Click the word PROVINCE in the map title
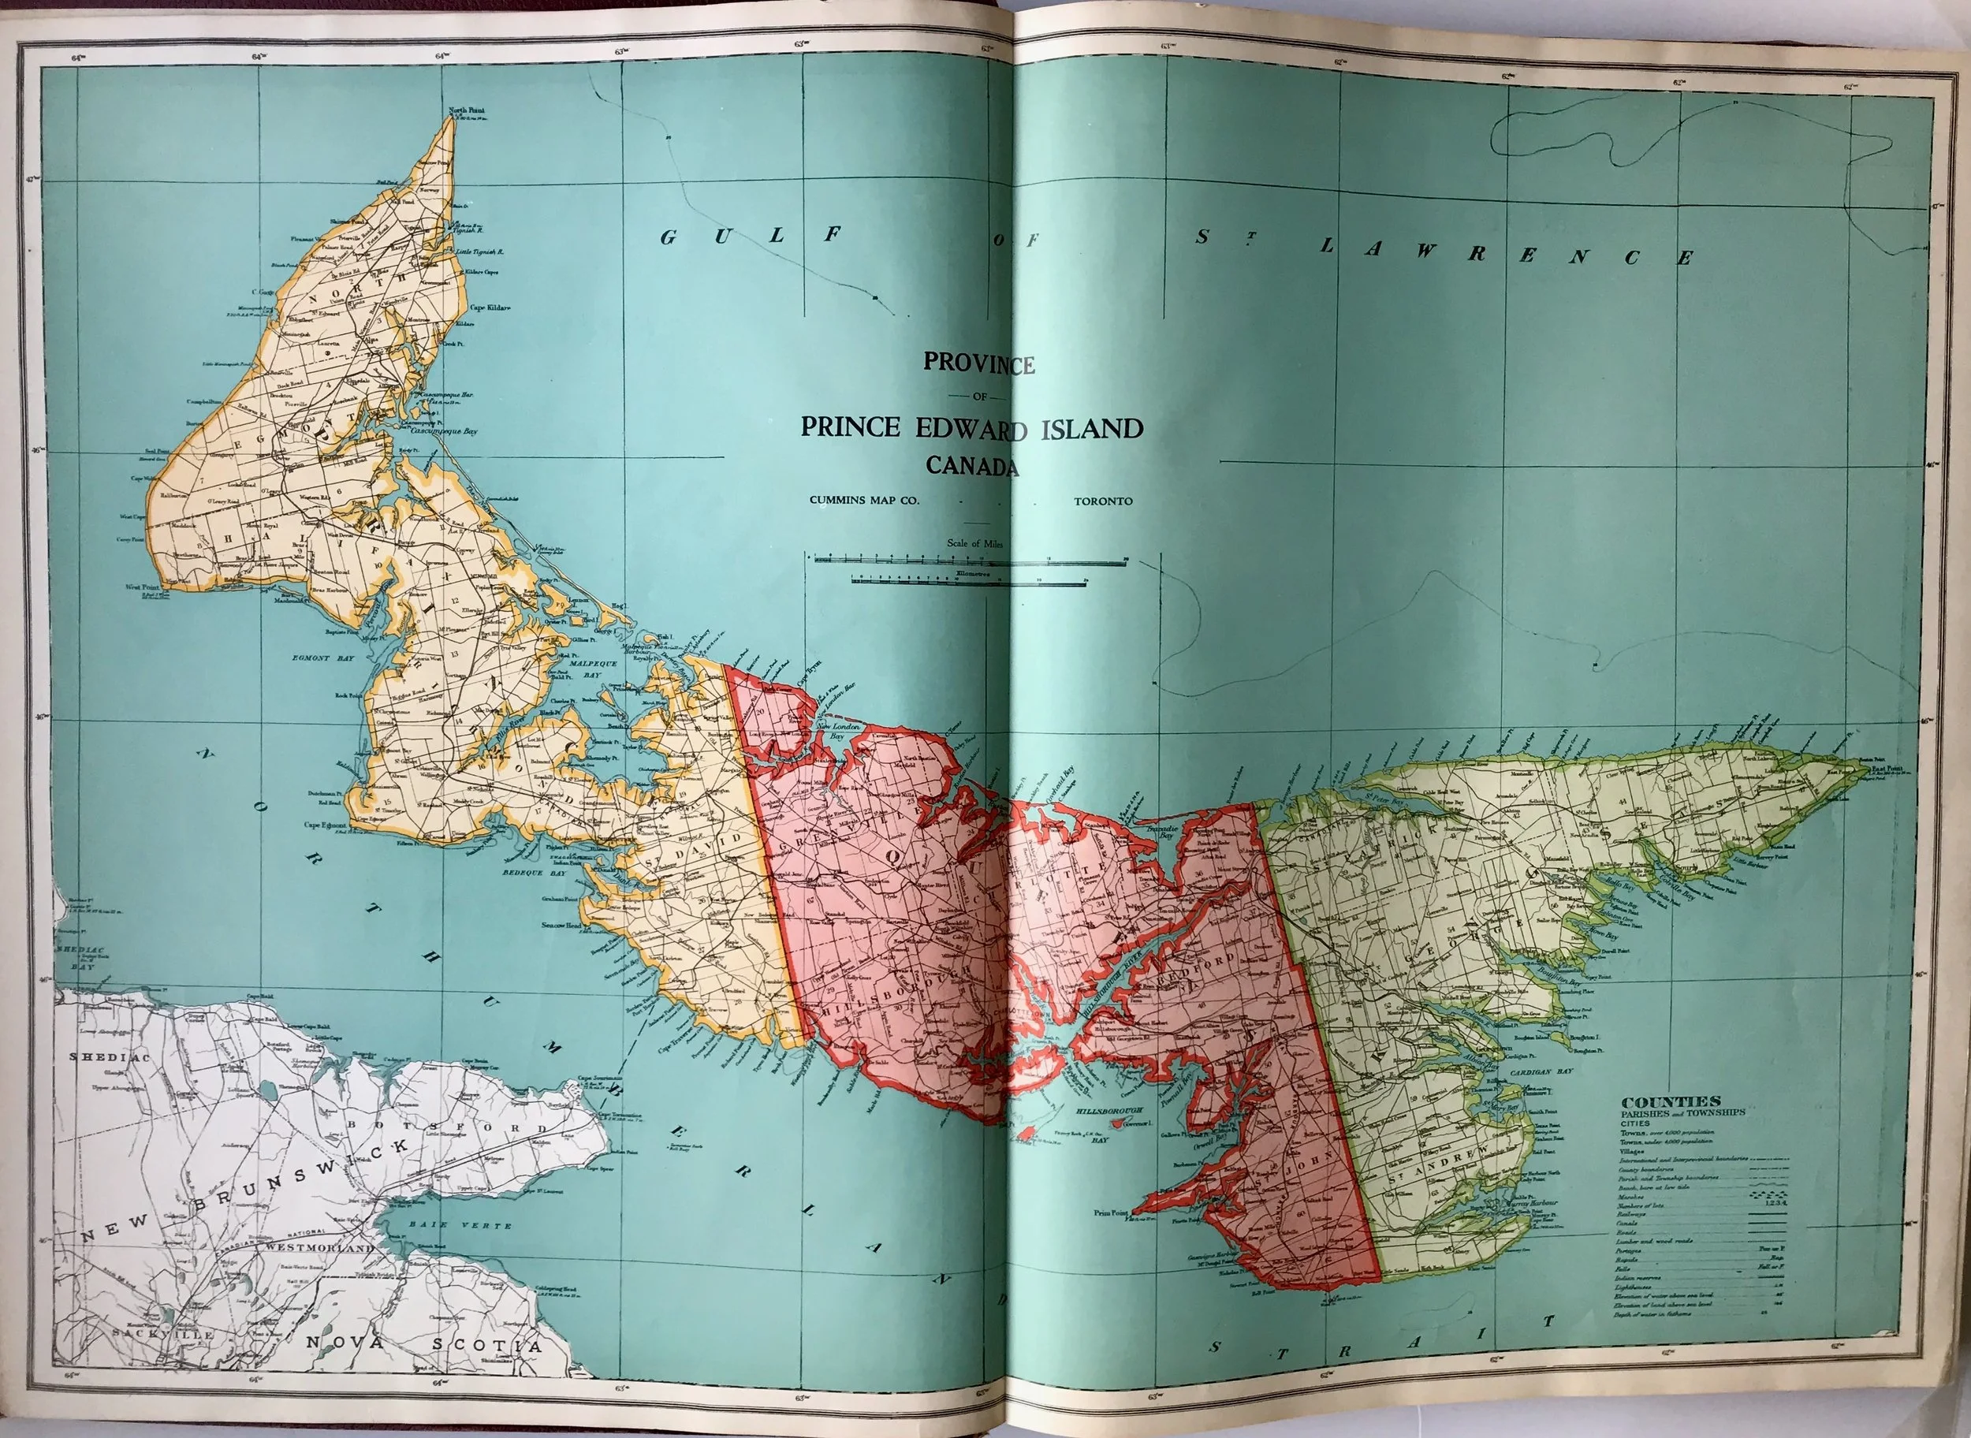coord(978,363)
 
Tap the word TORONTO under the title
coord(1103,501)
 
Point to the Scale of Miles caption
coord(975,543)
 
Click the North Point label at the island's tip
coord(467,110)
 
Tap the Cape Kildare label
coord(490,307)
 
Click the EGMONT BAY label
coord(323,659)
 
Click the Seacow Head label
coord(561,925)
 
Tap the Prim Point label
coord(1111,1213)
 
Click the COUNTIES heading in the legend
coord(1671,1102)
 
